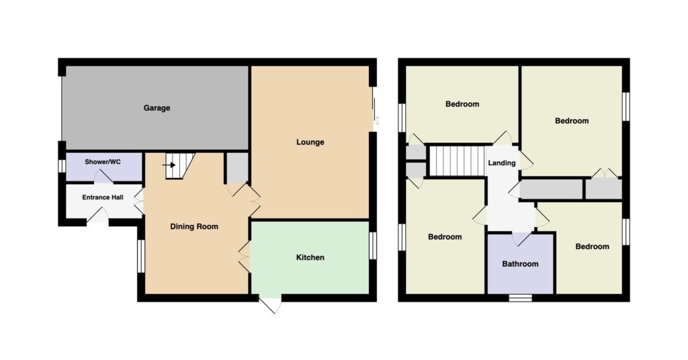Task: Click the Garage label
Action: click(157, 108)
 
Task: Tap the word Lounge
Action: click(310, 142)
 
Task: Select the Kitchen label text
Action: click(310, 257)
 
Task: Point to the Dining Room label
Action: click(194, 227)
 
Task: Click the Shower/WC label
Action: click(103, 162)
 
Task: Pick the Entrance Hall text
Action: click(103, 197)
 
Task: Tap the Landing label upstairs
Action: click(501, 163)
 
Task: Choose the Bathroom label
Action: click(520, 264)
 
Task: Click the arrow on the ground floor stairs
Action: click(169, 165)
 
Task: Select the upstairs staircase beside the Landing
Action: click(457, 161)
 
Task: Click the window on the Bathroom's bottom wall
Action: click(521, 298)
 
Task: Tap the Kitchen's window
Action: click(372, 246)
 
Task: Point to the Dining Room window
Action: click(141, 256)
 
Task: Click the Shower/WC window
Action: click(62, 166)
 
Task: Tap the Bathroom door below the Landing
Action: click(521, 238)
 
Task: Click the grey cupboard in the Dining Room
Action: click(237, 167)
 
